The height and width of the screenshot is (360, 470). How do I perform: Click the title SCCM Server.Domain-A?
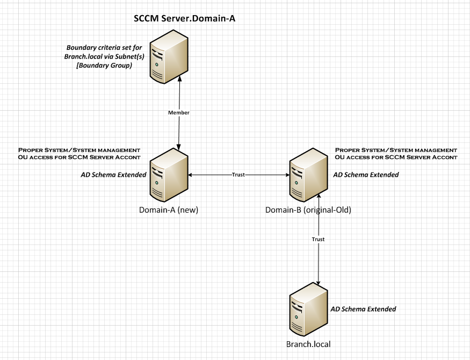click(x=185, y=19)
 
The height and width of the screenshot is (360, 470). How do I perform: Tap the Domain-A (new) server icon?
click(x=168, y=175)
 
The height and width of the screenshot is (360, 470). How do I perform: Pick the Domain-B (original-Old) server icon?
click(x=308, y=175)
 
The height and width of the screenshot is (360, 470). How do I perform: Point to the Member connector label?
click(x=178, y=113)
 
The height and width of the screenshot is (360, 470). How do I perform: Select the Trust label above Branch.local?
click(x=319, y=239)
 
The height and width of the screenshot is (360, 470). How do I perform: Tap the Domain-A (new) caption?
click(x=168, y=210)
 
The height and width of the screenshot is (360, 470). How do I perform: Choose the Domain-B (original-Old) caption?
click(x=308, y=210)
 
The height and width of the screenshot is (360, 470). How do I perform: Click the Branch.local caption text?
click(x=308, y=344)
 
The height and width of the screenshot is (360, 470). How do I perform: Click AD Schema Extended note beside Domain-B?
click(x=366, y=175)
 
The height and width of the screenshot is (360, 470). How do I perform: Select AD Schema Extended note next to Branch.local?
click(x=363, y=309)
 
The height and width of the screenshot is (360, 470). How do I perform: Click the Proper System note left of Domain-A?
click(x=79, y=153)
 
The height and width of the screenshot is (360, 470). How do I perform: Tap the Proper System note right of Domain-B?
click(x=396, y=153)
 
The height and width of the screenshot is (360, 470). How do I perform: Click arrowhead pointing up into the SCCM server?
click(x=179, y=81)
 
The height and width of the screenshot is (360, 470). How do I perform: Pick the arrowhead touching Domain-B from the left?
click(x=287, y=175)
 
